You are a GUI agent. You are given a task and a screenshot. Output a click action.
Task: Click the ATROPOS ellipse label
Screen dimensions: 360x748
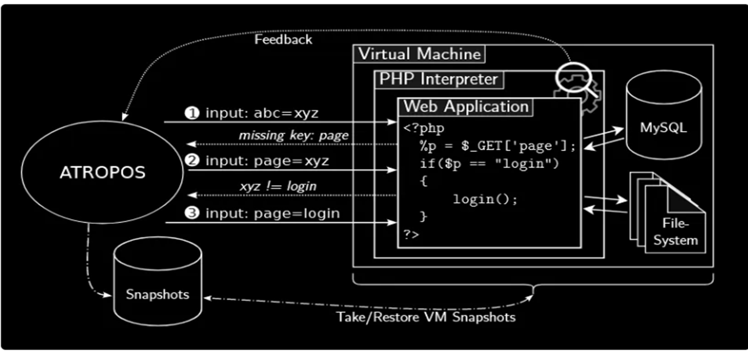pos(103,172)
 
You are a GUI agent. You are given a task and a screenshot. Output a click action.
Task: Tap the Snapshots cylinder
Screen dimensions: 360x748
pos(157,287)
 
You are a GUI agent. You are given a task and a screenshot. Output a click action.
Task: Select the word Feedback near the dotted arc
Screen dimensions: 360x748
pos(283,40)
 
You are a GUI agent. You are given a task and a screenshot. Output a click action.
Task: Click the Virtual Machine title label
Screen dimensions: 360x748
pos(419,54)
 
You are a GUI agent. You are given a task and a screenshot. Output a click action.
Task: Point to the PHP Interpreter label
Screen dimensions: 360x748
pos(438,80)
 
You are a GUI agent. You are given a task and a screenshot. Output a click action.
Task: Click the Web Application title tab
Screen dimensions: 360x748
pos(466,107)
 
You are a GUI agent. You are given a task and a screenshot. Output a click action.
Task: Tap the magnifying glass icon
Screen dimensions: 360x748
pos(574,79)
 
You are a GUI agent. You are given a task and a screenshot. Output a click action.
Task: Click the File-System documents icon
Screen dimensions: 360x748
pos(668,214)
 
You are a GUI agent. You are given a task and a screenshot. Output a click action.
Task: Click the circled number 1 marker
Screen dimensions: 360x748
pos(192,113)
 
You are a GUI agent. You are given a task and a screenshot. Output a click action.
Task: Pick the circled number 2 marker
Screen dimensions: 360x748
pos(192,160)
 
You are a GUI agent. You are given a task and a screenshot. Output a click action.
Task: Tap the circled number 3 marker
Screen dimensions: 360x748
pos(192,213)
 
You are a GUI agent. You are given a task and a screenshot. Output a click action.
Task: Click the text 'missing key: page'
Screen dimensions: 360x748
pos(293,136)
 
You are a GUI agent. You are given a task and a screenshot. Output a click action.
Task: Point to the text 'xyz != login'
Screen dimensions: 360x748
pos(278,186)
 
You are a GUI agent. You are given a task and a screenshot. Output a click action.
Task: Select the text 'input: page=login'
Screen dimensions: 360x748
pos(272,213)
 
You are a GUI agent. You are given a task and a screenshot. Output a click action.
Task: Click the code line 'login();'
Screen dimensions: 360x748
pos(485,199)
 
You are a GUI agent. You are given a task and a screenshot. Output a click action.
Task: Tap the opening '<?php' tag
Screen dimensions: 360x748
pos(423,128)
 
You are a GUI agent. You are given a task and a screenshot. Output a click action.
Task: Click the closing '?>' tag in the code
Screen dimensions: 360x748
pos(411,234)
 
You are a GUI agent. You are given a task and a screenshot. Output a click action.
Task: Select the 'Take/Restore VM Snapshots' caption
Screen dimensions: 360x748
pos(426,317)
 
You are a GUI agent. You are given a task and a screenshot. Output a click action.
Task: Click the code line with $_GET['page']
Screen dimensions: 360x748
pos(497,146)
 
